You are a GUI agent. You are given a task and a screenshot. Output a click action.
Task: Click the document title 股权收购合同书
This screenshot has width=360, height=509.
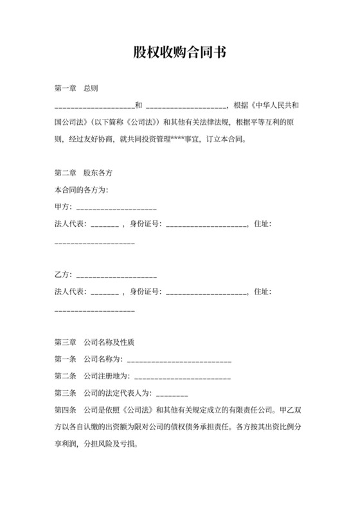(x=179, y=53)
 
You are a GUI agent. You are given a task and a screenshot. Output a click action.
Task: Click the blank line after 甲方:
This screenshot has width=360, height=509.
(x=116, y=208)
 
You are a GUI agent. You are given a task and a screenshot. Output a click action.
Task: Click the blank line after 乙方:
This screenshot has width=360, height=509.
(x=116, y=275)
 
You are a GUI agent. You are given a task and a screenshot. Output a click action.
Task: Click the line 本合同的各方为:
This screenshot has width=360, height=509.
(x=82, y=191)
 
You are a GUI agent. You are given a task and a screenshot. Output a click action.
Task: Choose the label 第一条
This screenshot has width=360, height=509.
(x=66, y=359)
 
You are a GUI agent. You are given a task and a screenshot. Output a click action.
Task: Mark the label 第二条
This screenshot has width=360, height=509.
(x=66, y=376)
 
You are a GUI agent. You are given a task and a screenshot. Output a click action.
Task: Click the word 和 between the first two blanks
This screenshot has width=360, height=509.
(x=139, y=105)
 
